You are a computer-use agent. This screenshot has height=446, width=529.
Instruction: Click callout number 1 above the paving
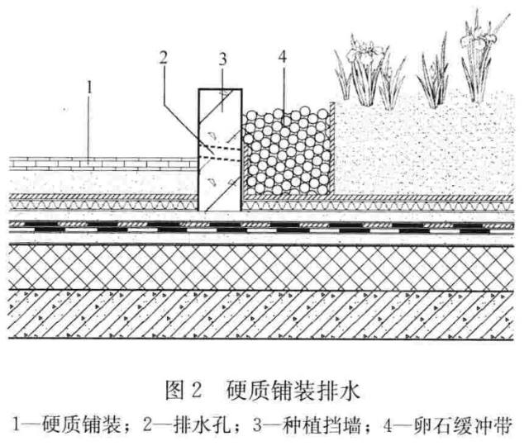pos(89,88)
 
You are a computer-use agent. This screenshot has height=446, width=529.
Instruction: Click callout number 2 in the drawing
pos(164,57)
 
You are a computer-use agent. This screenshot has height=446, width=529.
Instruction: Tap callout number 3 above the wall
pos(222,59)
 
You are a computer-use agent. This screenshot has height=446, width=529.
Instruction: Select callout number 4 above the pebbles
pos(283,57)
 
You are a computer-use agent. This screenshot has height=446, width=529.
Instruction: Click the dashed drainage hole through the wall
pos(221,152)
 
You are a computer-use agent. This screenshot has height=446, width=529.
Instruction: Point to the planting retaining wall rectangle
pos(221,150)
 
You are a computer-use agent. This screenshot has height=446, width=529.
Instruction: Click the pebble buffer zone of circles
pos(287,152)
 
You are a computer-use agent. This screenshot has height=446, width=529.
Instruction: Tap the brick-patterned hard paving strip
pos(103,164)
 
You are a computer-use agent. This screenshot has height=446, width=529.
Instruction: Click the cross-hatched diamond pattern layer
pos(261,268)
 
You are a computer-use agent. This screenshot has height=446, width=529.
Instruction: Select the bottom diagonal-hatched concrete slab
pos(261,315)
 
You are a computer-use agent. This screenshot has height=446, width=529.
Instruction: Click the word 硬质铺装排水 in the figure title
pos(293,391)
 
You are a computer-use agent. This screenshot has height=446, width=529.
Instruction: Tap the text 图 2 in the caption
pos(183,391)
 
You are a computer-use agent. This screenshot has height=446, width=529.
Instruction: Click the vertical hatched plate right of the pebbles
pos(332,148)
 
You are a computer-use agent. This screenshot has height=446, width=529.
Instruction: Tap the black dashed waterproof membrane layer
pos(261,228)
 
